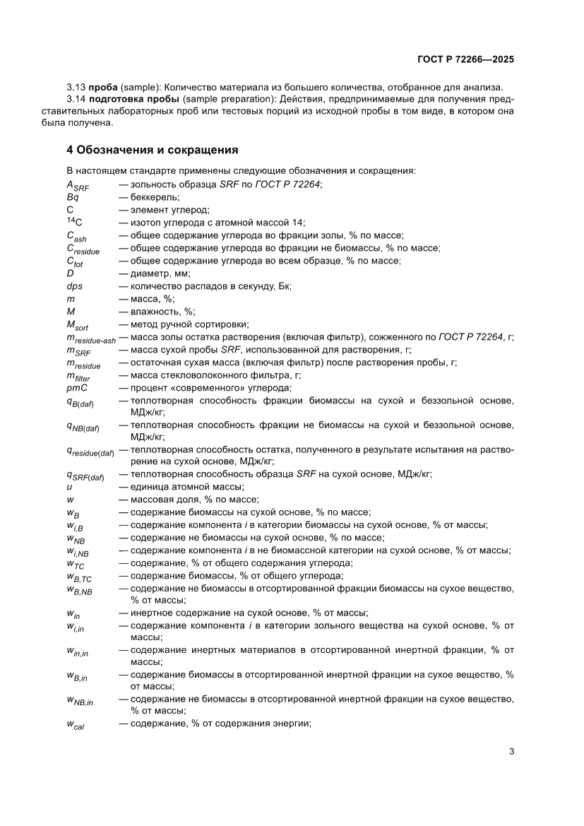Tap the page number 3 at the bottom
click(511, 752)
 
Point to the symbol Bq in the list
click(72, 197)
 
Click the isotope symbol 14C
click(74, 222)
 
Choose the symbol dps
click(74, 285)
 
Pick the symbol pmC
click(76, 387)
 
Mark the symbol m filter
click(79, 376)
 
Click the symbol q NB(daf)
click(83, 426)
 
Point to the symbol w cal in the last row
click(76, 723)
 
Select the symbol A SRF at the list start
click(78, 185)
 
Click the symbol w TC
click(76, 563)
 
